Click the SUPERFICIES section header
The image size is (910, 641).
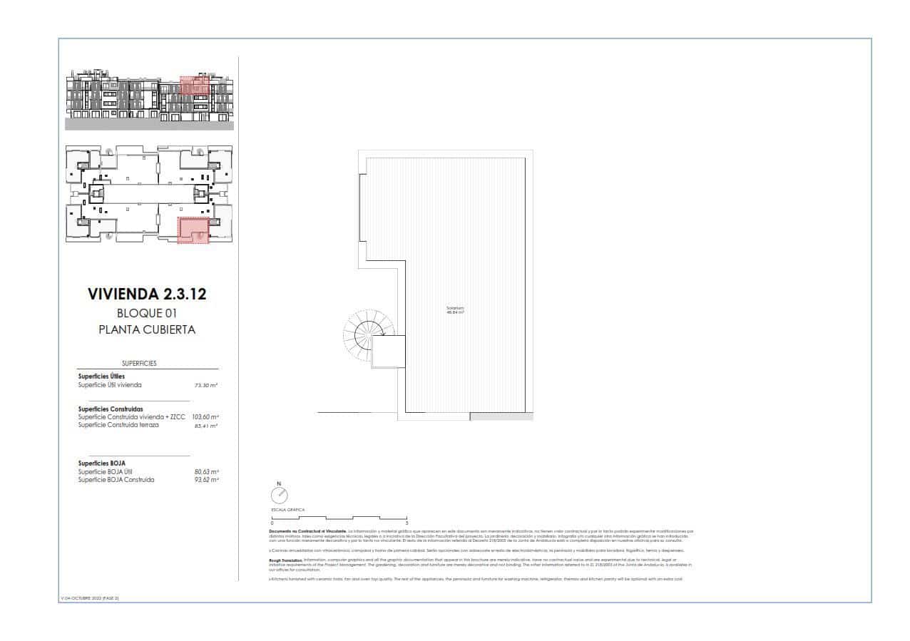coord(139,363)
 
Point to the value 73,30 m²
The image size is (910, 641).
coord(206,385)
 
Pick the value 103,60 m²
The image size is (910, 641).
coord(205,416)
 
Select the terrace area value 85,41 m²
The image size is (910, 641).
coord(206,425)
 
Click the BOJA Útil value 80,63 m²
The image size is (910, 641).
coord(208,471)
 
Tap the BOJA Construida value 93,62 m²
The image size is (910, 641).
coord(208,480)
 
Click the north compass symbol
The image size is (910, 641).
coord(279,494)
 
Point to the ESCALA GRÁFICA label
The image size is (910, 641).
coord(287,511)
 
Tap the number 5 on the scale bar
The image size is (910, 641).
coord(406,523)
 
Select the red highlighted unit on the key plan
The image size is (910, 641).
coord(193,230)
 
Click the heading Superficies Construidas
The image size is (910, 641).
coord(111,409)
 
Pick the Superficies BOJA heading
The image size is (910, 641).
coord(102,463)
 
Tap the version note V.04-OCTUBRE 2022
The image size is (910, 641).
coord(89,598)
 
